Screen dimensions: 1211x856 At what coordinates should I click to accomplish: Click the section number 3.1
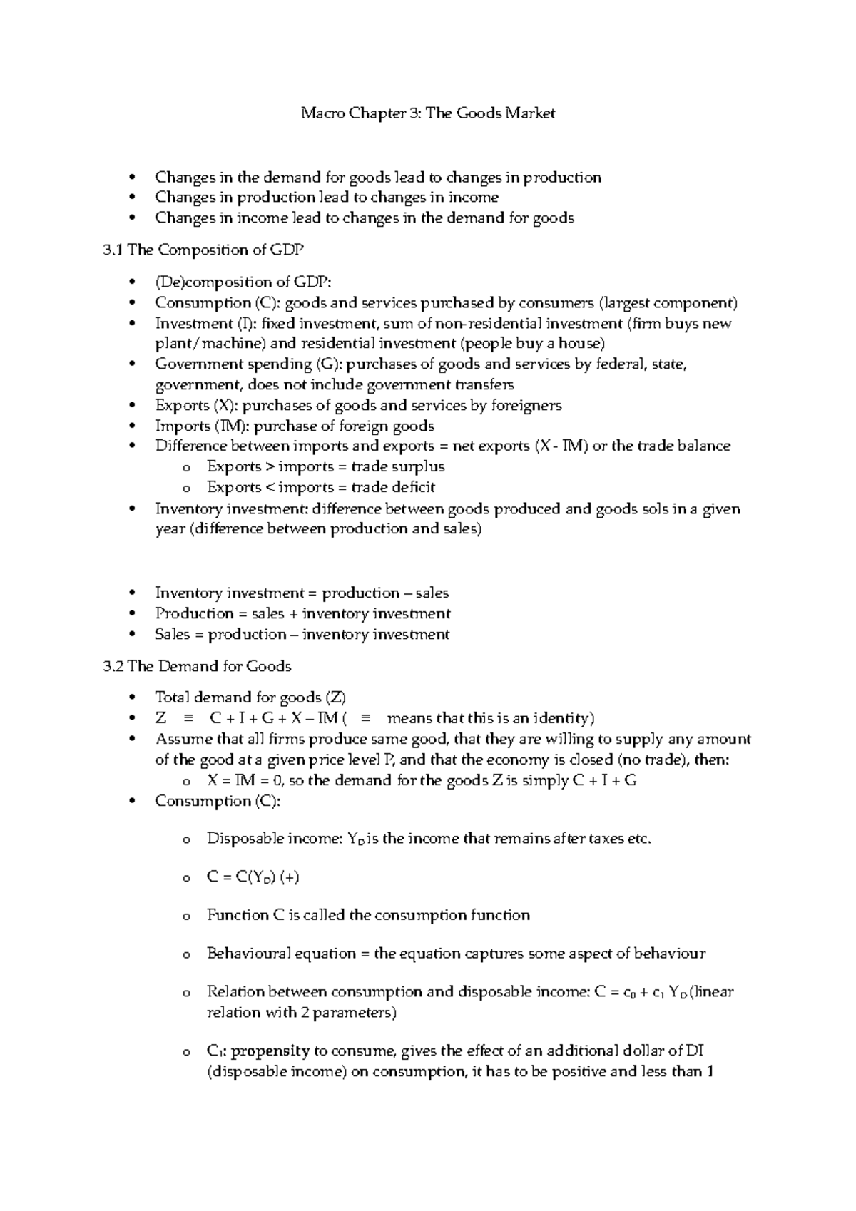pos(113,250)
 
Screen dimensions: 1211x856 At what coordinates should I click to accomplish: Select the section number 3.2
pos(113,666)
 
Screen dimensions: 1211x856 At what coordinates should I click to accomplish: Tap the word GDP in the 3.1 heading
pos(288,250)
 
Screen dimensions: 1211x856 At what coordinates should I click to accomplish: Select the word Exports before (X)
pos(182,406)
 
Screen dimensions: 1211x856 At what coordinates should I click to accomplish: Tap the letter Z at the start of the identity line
pos(160,718)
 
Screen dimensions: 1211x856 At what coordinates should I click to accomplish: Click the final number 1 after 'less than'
pos(709,1072)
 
